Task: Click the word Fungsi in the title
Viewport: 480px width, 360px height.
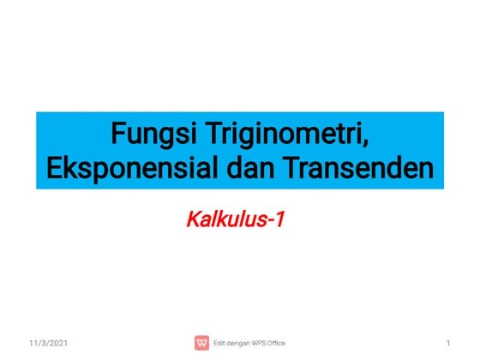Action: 149,134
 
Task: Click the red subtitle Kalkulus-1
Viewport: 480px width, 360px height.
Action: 235,219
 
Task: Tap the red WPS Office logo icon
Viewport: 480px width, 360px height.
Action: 202,343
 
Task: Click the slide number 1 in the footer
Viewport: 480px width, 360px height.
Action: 448,343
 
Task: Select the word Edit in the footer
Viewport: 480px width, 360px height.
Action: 220,343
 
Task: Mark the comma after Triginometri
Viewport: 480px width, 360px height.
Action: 375,143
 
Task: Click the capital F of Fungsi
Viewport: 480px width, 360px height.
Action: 118,134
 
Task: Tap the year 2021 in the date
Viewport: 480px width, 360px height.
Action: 58,343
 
